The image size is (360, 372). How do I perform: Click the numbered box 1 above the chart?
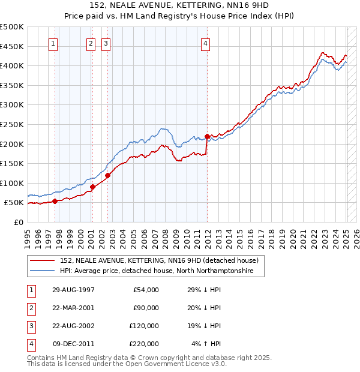[53, 43]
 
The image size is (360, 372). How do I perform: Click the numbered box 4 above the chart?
[205, 43]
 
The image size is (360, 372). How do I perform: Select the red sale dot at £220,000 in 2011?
[207, 136]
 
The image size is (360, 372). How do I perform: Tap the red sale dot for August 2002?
[108, 175]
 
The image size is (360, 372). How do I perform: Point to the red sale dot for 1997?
[55, 201]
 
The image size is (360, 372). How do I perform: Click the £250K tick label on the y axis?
[12, 124]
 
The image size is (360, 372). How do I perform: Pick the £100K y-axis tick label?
[12, 183]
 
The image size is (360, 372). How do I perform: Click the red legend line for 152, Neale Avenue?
[42, 261]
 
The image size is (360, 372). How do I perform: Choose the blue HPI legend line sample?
[42, 271]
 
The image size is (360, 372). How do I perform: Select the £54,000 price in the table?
[145, 290]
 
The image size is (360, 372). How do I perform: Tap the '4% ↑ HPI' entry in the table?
[206, 344]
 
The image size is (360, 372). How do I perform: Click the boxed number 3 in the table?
[31, 326]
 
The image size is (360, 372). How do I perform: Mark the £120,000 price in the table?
[144, 326]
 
